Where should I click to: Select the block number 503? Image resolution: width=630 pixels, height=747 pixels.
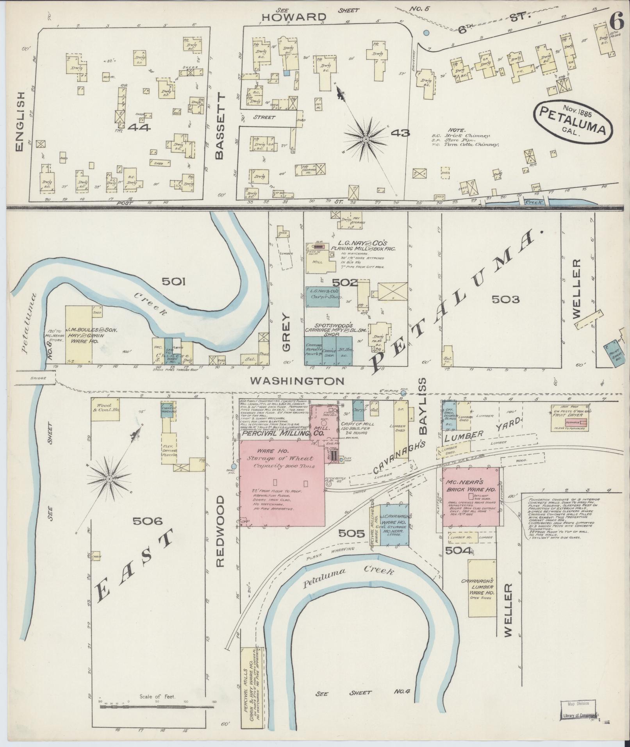505,300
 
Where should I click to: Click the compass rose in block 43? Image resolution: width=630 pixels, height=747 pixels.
366,139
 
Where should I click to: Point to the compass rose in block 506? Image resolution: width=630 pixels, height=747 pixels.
110,478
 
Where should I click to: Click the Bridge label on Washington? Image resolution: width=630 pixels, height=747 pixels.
37,378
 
